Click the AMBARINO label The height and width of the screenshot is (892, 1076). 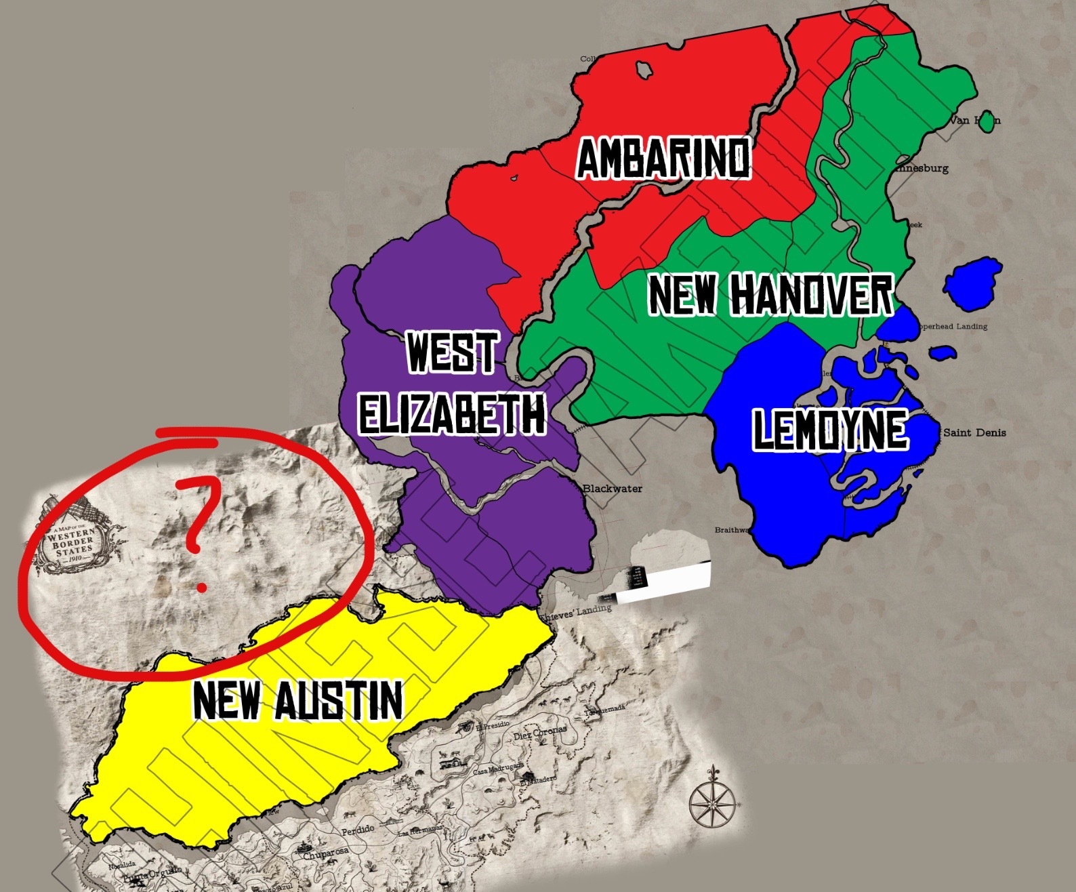click(x=663, y=158)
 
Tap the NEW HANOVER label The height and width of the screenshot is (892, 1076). click(x=770, y=295)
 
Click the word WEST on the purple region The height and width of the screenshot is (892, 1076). click(x=451, y=352)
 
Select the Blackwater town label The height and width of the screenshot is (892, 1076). click(x=612, y=489)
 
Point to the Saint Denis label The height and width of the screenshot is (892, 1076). click(x=974, y=432)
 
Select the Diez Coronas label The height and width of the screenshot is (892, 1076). click(x=539, y=734)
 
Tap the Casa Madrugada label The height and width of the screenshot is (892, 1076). click(x=498, y=769)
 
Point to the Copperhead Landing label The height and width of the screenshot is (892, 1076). click(x=951, y=327)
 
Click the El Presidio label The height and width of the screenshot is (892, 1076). click(x=491, y=727)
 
